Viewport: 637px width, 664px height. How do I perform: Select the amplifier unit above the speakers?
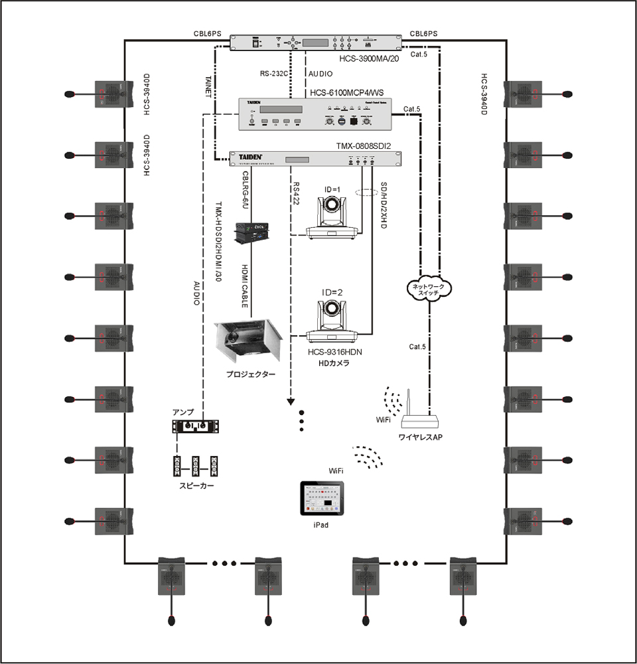[196, 426]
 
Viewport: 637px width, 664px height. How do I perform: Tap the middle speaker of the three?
[196, 467]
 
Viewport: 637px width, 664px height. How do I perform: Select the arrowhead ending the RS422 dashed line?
[290, 401]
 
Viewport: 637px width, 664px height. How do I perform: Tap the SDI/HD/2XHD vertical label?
[383, 205]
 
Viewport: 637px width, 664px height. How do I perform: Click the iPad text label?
[321, 525]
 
